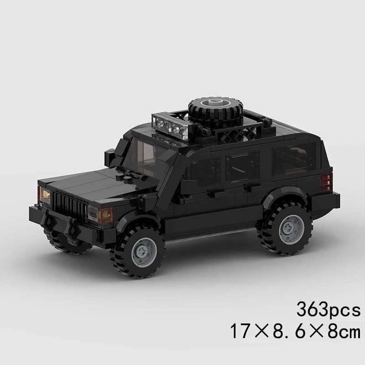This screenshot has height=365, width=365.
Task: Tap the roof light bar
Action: pos(169,124)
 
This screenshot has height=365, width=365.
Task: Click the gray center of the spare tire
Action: pos(214,103)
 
